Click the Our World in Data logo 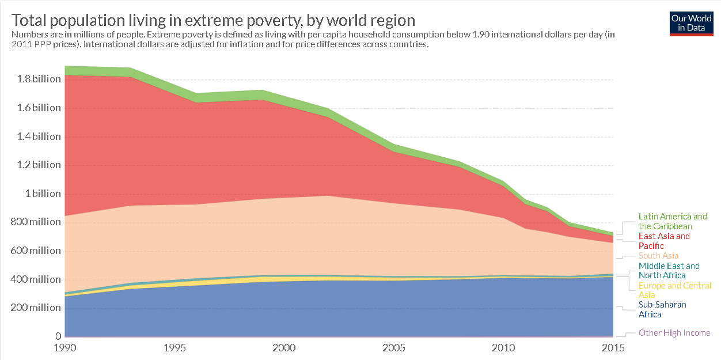coord(692,23)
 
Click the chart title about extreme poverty coord(214,20)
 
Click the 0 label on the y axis coord(58,336)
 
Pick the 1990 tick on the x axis coord(65,348)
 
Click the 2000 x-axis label coord(284,348)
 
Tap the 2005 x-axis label coord(394,348)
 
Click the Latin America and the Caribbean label coord(673,222)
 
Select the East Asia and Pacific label coord(664,241)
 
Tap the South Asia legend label coord(658,256)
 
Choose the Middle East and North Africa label coord(669,271)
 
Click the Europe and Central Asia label coord(675,290)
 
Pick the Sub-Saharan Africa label coord(662,309)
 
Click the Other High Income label coord(674,333)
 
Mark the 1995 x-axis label coord(175,348)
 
